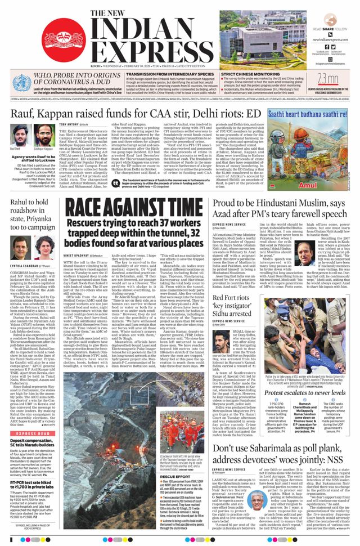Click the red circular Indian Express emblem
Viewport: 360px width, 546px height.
point(63,41)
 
